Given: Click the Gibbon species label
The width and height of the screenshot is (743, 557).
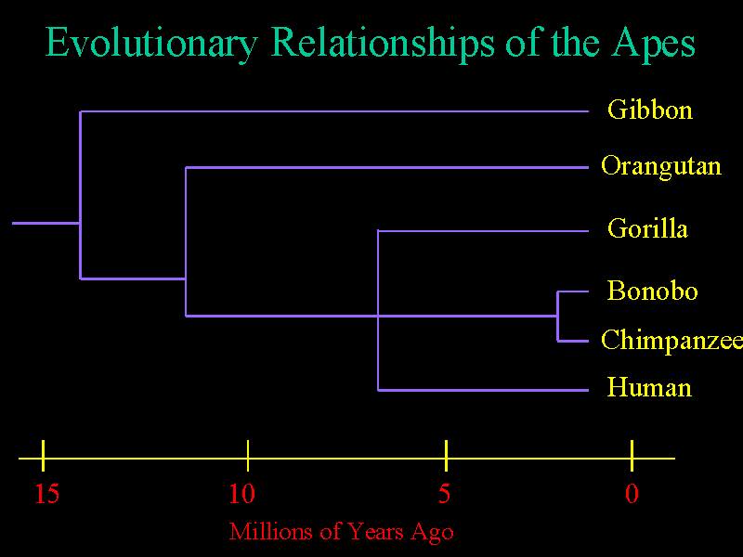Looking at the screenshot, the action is coord(649,110).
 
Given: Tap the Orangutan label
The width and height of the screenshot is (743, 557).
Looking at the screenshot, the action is coord(661,167).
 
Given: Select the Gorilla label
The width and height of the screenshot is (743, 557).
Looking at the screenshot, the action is coord(647,228).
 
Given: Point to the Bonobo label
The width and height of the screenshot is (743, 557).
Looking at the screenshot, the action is coord(652,291).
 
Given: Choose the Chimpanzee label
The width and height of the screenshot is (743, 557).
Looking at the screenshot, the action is coord(671,341).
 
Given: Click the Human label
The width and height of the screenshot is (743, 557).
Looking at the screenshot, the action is coord(649,387).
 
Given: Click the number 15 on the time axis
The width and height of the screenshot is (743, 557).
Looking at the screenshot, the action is coord(47,494).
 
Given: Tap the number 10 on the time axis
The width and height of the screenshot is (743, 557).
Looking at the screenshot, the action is coord(241,494).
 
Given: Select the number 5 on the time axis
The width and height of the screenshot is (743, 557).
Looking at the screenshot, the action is coord(444,494).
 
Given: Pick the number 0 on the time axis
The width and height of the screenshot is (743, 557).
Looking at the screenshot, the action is coord(632,494).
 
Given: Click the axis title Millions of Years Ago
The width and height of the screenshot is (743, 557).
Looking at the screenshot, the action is coord(341,532).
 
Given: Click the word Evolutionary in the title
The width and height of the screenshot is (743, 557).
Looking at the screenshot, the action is coord(151,44).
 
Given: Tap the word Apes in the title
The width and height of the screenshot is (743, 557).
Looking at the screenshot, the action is coord(653,44).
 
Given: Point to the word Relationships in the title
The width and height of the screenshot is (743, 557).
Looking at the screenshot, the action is coord(383,44).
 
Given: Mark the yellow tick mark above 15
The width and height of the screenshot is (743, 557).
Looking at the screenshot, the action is coord(43,456).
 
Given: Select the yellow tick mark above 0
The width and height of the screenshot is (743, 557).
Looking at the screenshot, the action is coord(632,456).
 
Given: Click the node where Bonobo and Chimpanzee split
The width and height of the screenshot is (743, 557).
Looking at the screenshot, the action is coord(558,316).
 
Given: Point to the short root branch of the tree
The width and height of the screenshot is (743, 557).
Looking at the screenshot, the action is coord(46,223).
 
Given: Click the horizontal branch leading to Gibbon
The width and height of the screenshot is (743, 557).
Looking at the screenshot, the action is coord(334,111).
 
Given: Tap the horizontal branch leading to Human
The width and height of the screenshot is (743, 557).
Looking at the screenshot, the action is coord(483,390).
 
